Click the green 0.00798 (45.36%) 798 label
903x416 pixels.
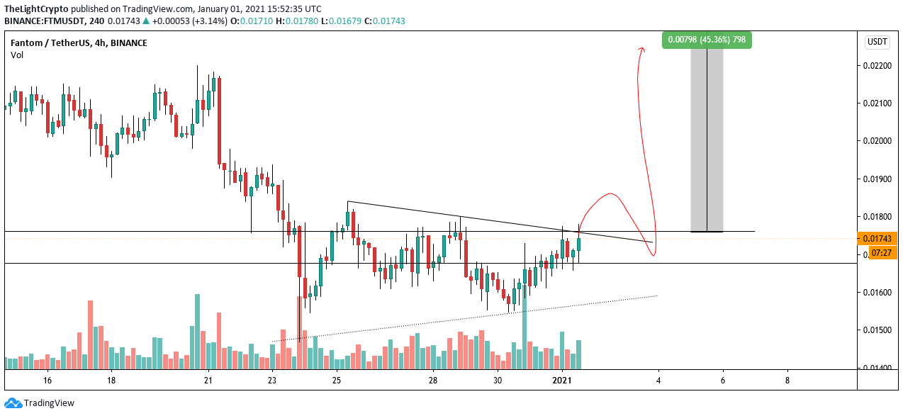click(706, 40)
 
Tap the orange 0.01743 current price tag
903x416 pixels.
click(877, 238)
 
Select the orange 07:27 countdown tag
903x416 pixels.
click(881, 253)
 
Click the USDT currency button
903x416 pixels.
click(877, 42)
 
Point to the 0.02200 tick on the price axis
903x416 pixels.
click(877, 66)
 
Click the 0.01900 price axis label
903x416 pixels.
click(877, 179)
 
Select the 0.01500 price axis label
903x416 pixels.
click(877, 330)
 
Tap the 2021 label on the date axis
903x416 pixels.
click(562, 380)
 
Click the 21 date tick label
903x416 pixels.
click(208, 380)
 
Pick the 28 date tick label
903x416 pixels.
click(433, 380)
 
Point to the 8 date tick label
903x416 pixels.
click(787, 380)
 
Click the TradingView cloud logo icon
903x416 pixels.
click(13, 403)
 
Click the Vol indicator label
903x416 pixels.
click(17, 55)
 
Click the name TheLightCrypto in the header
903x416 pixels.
click(36, 9)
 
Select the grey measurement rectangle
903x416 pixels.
click(707, 140)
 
